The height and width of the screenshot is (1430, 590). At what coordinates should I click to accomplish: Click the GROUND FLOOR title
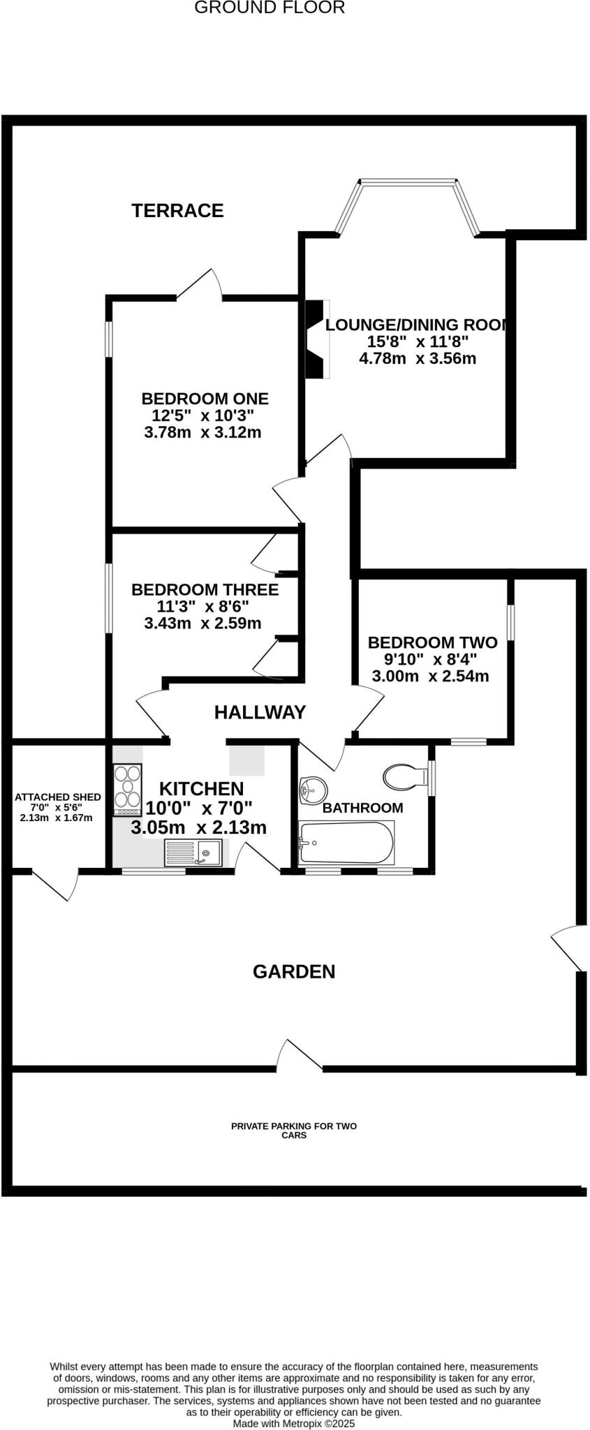pyautogui.click(x=269, y=8)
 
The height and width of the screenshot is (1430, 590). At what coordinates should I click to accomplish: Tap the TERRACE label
pyautogui.click(x=177, y=210)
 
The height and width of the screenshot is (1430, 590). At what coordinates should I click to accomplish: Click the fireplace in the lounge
pyautogui.click(x=318, y=339)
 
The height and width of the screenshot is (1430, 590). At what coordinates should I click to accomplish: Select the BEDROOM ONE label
pyautogui.click(x=205, y=399)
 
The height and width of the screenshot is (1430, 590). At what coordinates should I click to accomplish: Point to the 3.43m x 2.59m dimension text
pyautogui.click(x=202, y=623)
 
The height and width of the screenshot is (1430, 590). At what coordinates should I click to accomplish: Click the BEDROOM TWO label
pyautogui.click(x=432, y=642)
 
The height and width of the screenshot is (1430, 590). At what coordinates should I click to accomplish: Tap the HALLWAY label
pyautogui.click(x=260, y=712)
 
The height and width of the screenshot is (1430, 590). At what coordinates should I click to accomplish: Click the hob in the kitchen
pyautogui.click(x=128, y=790)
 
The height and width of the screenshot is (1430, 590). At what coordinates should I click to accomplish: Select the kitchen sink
pyautogui.click(x=193, y=853)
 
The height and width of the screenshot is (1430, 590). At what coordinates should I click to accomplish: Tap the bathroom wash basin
pyautogui.click(x=312, y=791)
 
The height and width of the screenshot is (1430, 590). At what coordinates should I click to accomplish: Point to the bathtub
pyautogui.click(x=346, y=843)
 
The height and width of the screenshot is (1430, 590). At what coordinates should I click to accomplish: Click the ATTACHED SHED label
pyautogui.click(x=58, y=797)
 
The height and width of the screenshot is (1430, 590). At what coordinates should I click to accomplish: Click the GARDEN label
pyautogui.click(x=293, y=971)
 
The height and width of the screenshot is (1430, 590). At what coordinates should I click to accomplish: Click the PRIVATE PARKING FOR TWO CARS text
pyautogui.click(x=294, y=1130)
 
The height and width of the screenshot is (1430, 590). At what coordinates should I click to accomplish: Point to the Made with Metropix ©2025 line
pyautogui.click(x=294, y=1423)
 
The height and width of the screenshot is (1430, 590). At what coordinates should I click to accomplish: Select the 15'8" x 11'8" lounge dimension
pyautogui.click(x=418, y=341)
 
